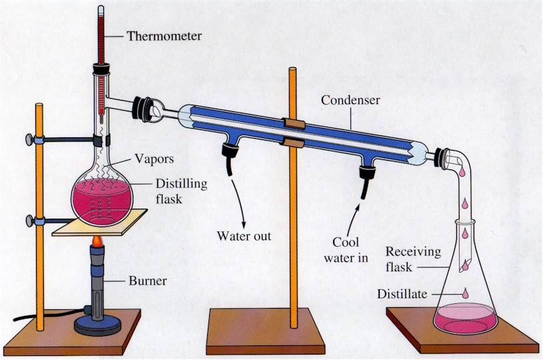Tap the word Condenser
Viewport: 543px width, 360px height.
(350, 100)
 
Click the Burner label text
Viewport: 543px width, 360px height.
(147, 281)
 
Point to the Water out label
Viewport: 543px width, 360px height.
(244, 235)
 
